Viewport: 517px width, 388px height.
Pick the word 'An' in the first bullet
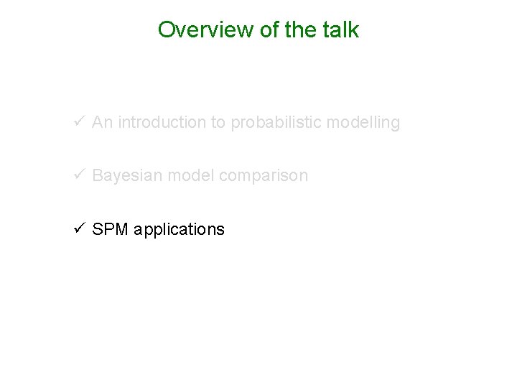coord(102,123)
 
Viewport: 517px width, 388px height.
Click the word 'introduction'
coord(161,123)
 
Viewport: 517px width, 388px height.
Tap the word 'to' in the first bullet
coord(218,123)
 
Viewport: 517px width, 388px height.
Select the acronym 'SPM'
coord(110,229)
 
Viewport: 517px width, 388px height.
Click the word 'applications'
coord(179,229)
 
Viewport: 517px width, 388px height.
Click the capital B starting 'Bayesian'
coord(98,176)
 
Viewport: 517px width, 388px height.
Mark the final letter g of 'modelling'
coord(395,124)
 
